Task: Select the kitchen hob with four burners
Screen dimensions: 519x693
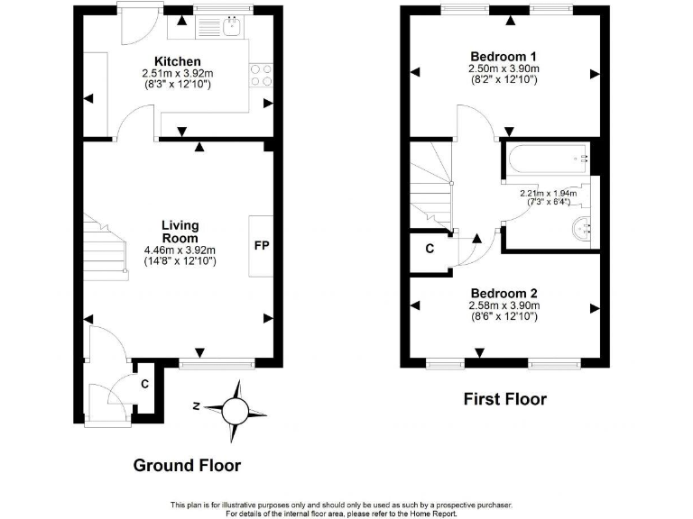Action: coord(262,75)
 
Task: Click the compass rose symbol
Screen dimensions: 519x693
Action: coord(235,410)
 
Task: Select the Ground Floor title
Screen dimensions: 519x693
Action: coord(187,466)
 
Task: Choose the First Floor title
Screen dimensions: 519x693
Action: coord(504,399)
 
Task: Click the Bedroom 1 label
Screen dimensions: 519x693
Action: coord(504,55)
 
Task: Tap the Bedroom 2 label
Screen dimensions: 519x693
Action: coord(504,294)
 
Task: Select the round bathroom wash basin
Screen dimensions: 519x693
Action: coord(580,230)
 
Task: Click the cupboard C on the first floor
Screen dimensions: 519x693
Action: coord(430,250)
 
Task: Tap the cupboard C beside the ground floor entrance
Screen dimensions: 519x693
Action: coord(145,384)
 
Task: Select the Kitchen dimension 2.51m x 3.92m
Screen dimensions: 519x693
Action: coord(178,74)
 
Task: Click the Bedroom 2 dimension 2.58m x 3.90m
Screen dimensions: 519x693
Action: coord(504,306)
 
